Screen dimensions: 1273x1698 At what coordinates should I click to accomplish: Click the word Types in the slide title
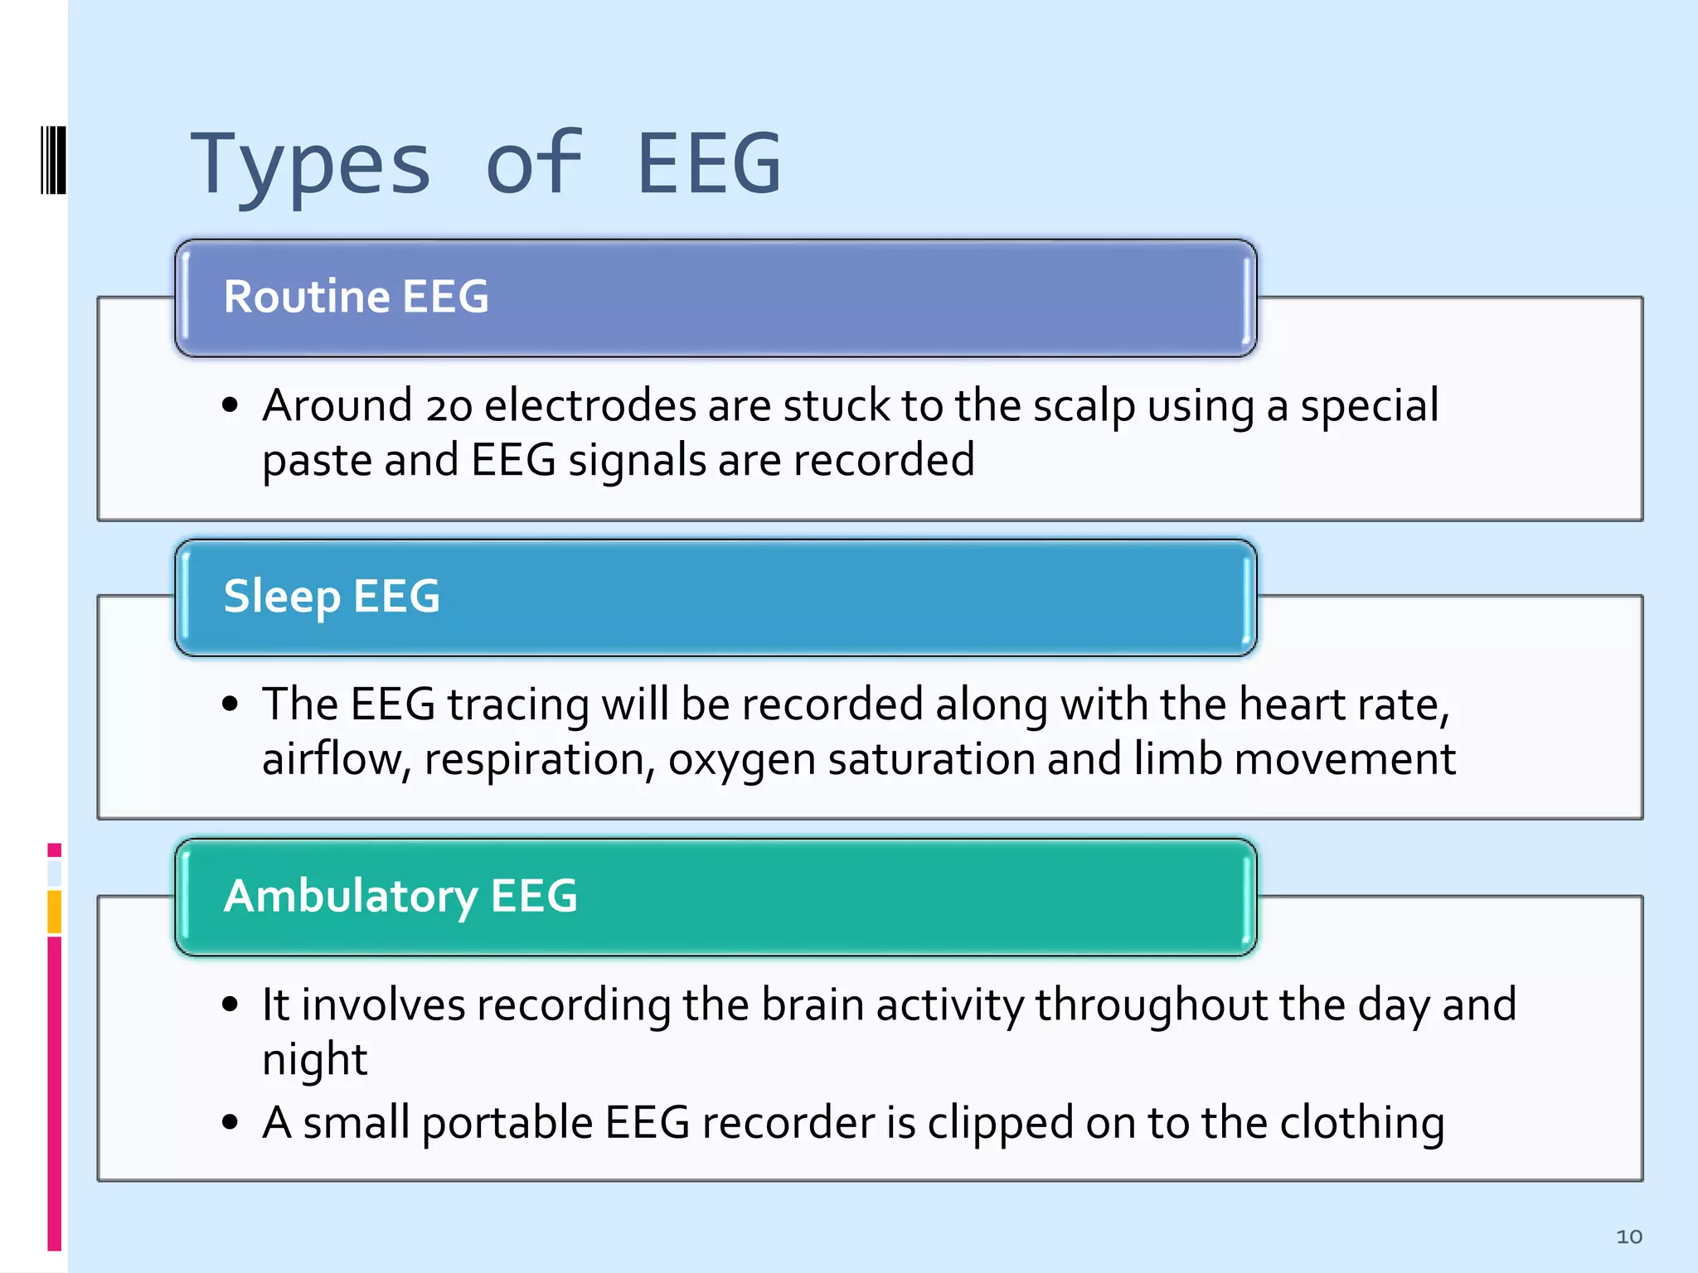(x=310, y=166)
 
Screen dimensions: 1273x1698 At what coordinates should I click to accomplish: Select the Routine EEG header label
(x=357, y=297)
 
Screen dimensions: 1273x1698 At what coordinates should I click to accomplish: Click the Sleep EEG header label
(x=332, y=596)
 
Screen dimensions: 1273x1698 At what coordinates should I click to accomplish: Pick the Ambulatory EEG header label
(x=400, y=896)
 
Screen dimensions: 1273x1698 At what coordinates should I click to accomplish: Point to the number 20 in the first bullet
(x=449, y=407)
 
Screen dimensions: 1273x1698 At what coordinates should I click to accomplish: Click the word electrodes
(x=589, y=405)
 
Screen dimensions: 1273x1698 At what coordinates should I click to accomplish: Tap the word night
(x=314, y=1060)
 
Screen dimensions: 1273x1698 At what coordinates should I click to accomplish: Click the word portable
(x=507, y=1124)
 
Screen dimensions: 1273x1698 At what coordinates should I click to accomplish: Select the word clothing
(x=1361, y=1124)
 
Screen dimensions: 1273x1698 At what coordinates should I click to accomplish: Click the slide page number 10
(x=1628, y=1237)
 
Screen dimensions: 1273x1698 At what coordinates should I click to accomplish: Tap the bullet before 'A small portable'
(x=230, y=1123)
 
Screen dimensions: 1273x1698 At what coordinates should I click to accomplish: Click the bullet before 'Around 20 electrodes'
(x=230, y=405)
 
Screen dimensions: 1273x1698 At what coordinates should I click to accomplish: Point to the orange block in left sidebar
(x=54, y=911)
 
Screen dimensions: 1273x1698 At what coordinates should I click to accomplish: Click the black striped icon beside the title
(x=53, y=160)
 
